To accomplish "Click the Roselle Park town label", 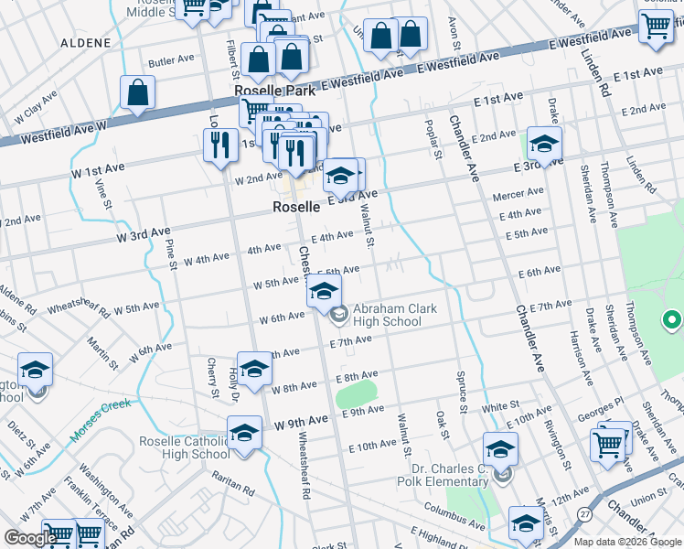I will coord(275,91).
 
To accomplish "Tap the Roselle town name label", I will coord(295,208).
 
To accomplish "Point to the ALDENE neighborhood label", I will coord(84,43).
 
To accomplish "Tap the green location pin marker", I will coord(671,321).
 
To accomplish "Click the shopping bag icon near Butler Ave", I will coord(137,92).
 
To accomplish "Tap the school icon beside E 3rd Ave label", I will coord(339,174).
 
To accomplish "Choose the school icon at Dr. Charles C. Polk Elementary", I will coord(500,449).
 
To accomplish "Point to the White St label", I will coord(500,404).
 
